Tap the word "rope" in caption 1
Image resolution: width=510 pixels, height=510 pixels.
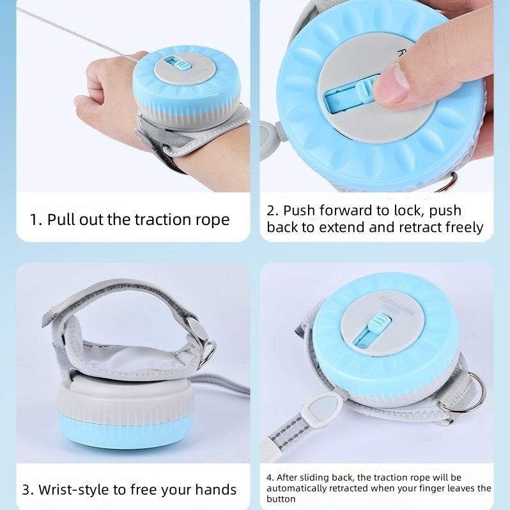click(x=210, y=220)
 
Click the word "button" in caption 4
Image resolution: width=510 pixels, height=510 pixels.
click(x=281, y=499)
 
